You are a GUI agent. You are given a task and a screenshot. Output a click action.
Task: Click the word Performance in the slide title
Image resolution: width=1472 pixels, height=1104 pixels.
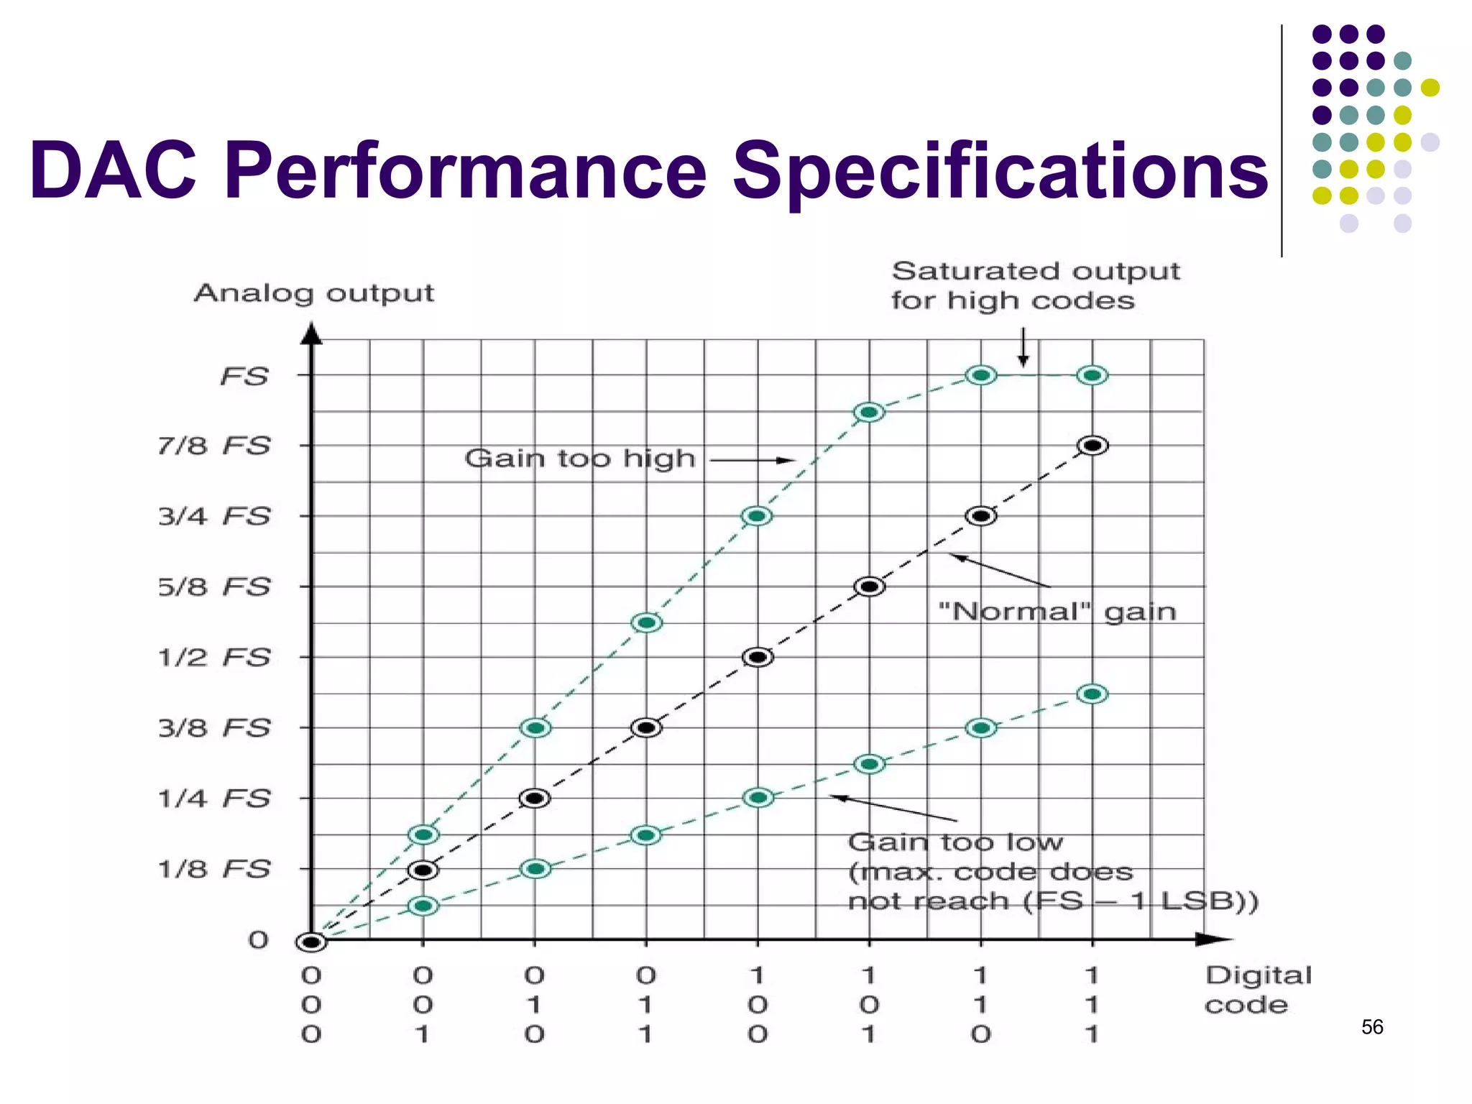coord(466,171)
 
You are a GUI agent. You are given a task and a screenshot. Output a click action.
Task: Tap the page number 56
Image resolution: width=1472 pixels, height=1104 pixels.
coord(1372,1027)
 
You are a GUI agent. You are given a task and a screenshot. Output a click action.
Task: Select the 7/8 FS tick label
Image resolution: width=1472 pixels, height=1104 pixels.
coord(214,446)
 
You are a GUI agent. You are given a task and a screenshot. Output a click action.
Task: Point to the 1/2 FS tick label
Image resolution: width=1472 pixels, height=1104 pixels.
coord(214,657)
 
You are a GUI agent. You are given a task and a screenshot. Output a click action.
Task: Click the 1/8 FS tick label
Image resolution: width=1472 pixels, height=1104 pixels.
coord(214,869)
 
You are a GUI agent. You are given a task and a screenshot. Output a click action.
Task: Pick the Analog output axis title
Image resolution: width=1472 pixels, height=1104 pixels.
coord(314,293)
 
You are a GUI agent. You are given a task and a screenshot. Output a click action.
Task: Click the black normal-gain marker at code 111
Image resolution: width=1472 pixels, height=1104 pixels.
coord(1092,446)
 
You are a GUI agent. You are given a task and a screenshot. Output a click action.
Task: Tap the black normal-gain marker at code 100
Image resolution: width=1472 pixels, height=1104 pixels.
coord(758,657)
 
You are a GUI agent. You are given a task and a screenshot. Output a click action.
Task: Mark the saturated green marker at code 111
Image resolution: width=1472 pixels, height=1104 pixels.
coord(1092,375)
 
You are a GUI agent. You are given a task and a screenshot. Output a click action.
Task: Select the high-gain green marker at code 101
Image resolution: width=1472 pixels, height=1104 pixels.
coord(869,412)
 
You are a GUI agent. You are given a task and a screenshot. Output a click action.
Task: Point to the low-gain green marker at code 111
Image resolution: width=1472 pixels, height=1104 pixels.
coord(1092,694)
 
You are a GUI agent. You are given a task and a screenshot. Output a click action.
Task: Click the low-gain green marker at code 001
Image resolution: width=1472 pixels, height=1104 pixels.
coord(423,906)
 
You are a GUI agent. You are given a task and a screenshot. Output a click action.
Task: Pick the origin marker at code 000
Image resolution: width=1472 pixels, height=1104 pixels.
coord(311,942)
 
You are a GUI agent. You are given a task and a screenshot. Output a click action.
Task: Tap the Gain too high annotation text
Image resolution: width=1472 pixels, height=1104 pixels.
coord(580,459)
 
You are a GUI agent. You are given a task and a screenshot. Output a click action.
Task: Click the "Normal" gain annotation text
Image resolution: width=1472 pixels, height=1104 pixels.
coord(1057,612)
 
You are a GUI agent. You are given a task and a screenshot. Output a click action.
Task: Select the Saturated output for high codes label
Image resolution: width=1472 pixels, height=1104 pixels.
coord(1035,285)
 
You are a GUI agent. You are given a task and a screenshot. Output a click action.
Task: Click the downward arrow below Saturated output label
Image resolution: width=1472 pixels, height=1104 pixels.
coord(1023,348)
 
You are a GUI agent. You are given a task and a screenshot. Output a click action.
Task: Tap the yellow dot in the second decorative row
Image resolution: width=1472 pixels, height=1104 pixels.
coord(1430,88)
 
